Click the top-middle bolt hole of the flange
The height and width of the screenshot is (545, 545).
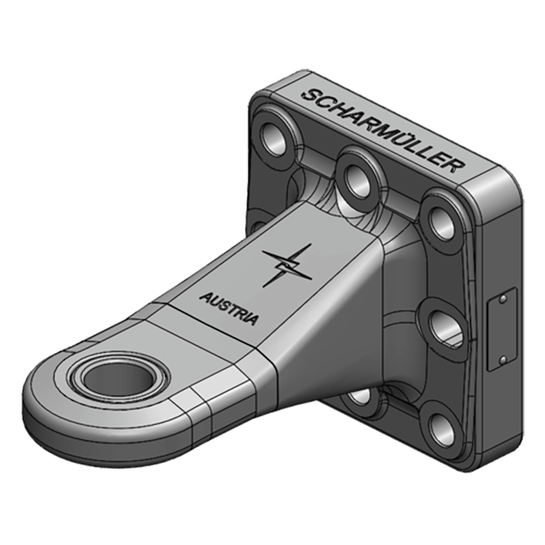357,175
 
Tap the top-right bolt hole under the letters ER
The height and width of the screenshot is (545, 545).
438,215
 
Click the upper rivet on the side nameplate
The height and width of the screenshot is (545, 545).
502,298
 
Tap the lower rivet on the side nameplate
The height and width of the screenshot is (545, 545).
502,359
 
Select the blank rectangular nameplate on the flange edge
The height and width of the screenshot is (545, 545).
502,329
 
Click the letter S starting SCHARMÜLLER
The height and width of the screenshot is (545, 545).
308,96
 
